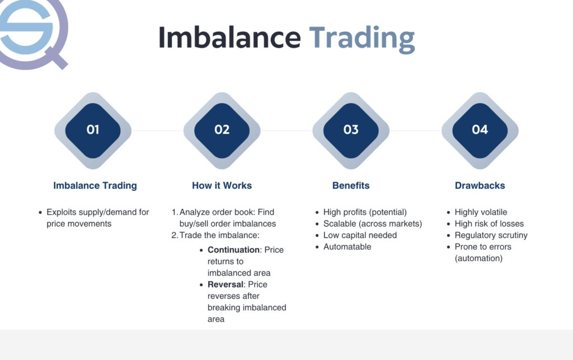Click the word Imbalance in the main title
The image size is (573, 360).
[229, 37]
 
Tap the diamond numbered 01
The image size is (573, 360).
[93, 130]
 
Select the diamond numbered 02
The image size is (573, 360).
[222, 130]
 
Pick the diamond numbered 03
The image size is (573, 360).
[351, 130]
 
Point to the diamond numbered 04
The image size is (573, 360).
[480, 130]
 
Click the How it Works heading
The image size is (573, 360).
[222, 185]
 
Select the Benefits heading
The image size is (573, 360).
[351, 185]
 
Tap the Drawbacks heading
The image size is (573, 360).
[480, 185]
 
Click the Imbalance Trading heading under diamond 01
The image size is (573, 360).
[95, 186]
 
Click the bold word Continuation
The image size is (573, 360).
[233, 250]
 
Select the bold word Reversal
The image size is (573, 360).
[226, 284]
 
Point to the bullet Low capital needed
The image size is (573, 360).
[360, 235]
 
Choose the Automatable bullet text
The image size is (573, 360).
[347, 247]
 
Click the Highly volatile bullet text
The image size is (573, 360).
[481, 212]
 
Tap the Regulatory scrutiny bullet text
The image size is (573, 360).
[491, 235]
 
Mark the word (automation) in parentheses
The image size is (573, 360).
[479, 259]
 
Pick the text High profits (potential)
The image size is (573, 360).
[365, 212]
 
